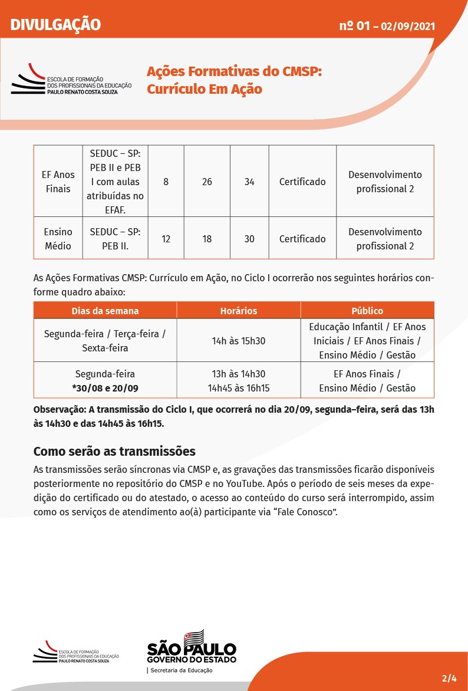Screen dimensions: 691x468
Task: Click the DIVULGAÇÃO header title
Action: (55, 25)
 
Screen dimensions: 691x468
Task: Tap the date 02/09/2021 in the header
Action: (408, 26)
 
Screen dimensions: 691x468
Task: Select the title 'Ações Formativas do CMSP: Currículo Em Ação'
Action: (234, 80)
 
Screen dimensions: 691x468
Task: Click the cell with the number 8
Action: (166, 182)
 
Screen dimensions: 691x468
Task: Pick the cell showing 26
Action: (207, 182)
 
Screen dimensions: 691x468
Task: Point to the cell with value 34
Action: (249, 182)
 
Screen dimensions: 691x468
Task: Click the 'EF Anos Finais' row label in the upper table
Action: (58, 182)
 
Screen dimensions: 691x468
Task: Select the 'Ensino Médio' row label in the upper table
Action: (58, 239)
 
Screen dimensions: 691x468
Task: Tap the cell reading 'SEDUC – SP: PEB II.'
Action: (115, 239)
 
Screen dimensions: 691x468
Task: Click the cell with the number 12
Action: (166, 239)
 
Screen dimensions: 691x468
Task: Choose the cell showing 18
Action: (207, 239)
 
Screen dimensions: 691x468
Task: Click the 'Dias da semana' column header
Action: (105, 311)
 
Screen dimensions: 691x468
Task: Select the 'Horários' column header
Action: (238, 311)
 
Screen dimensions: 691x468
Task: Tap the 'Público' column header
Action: (367, 311)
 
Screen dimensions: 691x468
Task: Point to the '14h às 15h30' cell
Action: (238, 340)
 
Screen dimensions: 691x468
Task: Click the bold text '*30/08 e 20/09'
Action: (105, 388)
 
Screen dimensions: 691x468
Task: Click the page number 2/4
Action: (449, 677)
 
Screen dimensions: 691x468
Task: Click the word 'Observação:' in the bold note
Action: (60, 409)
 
